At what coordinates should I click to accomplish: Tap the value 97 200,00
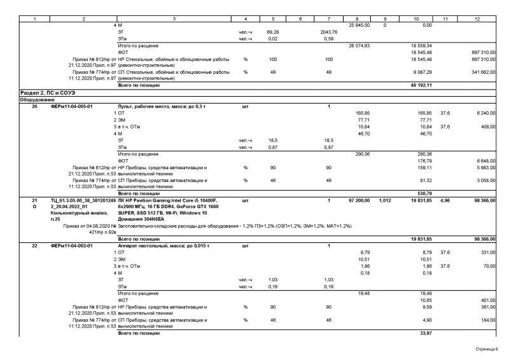[x=359, y=200]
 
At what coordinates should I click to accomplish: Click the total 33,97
[x=425, y=332]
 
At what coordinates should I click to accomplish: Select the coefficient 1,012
[x=384, y=200]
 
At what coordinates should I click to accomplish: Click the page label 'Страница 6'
[x=485, y=349]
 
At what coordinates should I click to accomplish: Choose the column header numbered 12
[x=477, y=18]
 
